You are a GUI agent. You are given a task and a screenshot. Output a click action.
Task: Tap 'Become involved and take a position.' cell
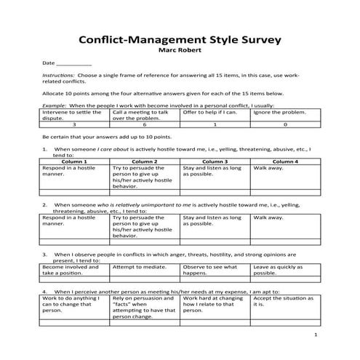point(72,270)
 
